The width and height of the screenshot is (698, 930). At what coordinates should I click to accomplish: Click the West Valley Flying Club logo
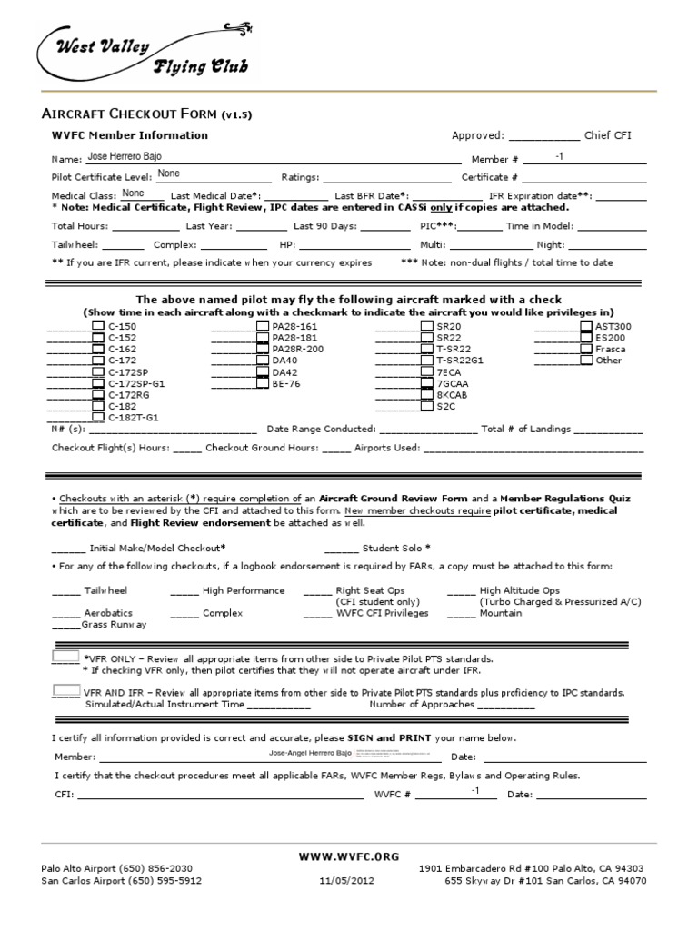pos(145,54)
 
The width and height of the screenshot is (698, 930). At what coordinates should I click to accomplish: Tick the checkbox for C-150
pos(98,326)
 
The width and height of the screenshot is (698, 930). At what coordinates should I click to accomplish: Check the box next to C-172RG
pos(98,395)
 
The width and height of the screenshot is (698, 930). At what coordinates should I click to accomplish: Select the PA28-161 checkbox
pos(263,326)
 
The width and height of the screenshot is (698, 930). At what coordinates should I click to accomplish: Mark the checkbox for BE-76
pos(263,384)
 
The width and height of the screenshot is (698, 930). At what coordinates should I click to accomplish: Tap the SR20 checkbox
pos(427,326)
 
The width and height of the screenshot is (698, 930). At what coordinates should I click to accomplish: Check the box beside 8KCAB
pos(427,395)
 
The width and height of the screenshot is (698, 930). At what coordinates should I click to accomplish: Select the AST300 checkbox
pos(586,326)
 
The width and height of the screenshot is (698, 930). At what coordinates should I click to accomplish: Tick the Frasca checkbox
pos(586,349)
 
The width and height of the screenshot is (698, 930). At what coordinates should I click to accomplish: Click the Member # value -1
pos(559,157)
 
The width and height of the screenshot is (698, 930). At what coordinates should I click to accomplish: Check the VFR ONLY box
pos(65,656)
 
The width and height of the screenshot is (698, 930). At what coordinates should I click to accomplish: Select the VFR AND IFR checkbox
pos(65,690)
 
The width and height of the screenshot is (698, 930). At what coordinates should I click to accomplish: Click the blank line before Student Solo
pos(341,549)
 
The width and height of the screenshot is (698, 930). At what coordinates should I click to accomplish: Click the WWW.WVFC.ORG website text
pos(349,856)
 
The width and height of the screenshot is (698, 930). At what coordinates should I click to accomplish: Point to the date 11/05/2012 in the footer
pos(346,880)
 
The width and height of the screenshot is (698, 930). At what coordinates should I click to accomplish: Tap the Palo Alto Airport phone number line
pos(117,868)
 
